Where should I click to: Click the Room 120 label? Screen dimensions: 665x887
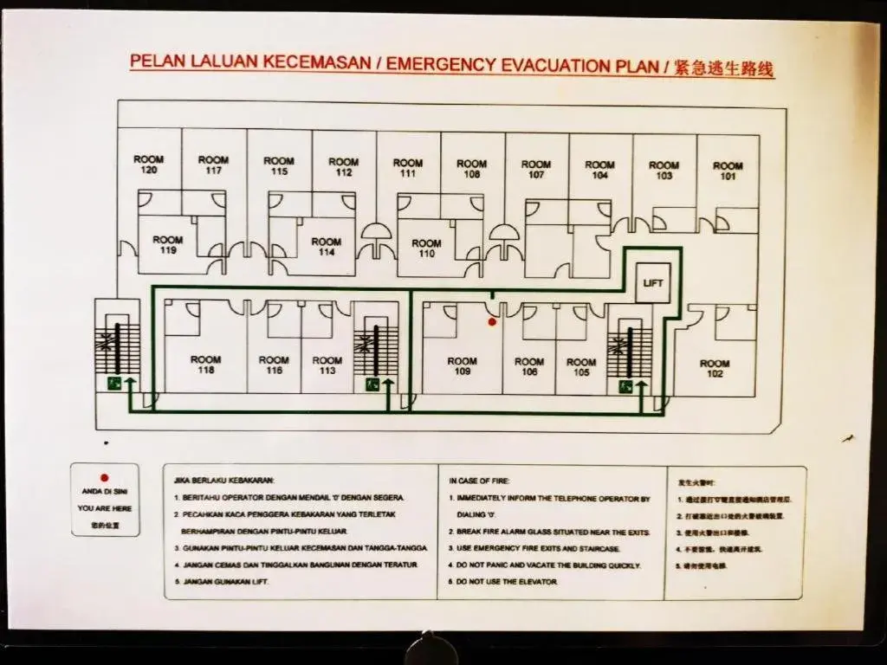pyautogui.click(x=148, y=165)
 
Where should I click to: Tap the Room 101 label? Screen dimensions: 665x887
pyautogui.click(x=728, y=171)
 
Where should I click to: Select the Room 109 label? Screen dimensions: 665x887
pyautogui.click(x=462, y=366)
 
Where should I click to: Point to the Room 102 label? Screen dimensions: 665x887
pyautogui.click(x=715, y=369)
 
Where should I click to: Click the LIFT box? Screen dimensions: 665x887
pyautogui.click(x=652, y=283)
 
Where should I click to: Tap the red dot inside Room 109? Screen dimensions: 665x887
pyautogui.click(x=492, y=322)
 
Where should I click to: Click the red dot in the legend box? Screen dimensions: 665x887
pyautogui.click(x=104, y=477)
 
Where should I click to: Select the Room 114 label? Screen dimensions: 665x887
pyautogui.click(x=327, y=247)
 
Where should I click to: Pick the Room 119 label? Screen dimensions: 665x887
pyautogui.click(x=168, y=245)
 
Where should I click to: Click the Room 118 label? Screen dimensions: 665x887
pyautogui.click(x=205, y=365)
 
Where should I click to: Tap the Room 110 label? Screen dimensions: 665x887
pyautogui.click(x=426, y=249)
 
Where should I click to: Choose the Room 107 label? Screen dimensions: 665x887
pyautogui.click(x=536, y=169)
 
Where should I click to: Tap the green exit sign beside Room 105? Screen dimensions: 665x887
pyautogui.click(x=625, y=387)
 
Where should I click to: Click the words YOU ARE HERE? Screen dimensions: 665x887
pyautogui.click(x=105, y=508)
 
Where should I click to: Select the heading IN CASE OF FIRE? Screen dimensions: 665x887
pyautogui.click(x=479, y=480)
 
